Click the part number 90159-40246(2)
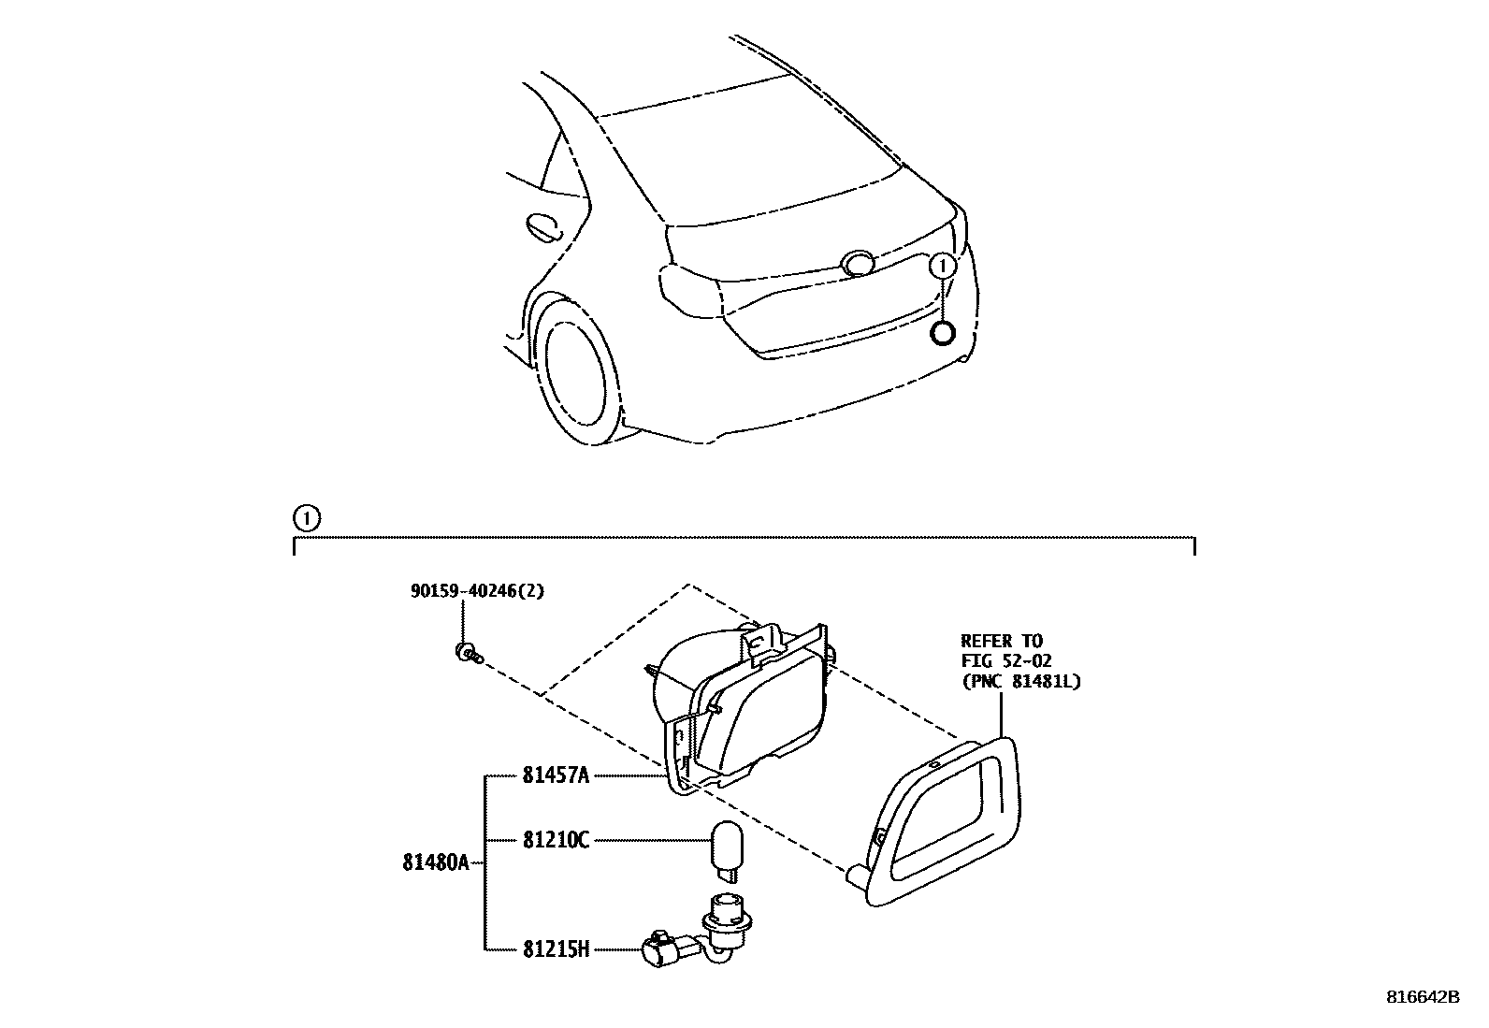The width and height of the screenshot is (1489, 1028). click(477, 591)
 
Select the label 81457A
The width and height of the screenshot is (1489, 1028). click(556, 775)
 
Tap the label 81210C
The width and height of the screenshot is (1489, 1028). click(556, 840)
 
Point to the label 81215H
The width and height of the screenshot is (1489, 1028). click(556, 949)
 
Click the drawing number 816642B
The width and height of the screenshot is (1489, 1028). click(1422, 997)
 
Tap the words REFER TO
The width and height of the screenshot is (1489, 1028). click(1001, 641)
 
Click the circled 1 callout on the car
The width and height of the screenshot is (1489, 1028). click(943, 266)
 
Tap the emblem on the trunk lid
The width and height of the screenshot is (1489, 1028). click(858, 264)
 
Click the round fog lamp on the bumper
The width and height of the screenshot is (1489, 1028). click(942, 334)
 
